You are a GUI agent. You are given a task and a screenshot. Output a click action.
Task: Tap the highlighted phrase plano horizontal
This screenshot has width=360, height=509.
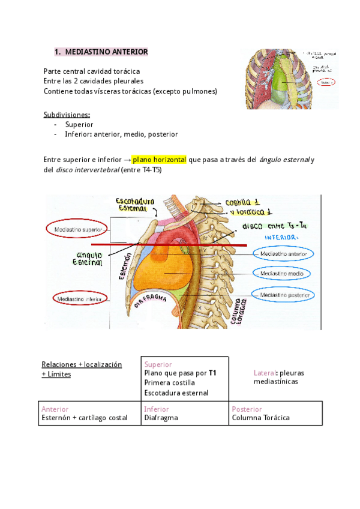160,160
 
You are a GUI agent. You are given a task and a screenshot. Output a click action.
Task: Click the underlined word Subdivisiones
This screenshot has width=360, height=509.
67,114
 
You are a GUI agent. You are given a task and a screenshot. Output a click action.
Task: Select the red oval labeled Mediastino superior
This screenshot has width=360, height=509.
77,230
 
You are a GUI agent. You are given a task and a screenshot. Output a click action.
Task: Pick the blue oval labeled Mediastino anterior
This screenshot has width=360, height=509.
283,254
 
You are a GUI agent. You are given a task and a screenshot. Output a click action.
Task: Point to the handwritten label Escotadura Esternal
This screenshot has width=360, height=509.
136,204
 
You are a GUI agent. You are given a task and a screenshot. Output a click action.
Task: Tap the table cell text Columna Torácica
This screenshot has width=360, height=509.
260,418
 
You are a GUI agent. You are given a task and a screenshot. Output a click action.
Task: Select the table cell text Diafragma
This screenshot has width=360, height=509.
161,418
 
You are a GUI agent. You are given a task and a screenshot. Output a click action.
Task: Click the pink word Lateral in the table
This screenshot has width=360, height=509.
265,373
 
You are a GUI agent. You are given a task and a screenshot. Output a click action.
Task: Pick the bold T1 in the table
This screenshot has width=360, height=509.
212,373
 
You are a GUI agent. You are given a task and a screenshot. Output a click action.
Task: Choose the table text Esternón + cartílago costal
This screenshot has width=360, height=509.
85,418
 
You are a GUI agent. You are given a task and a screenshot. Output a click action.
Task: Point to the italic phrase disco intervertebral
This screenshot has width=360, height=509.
87,170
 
